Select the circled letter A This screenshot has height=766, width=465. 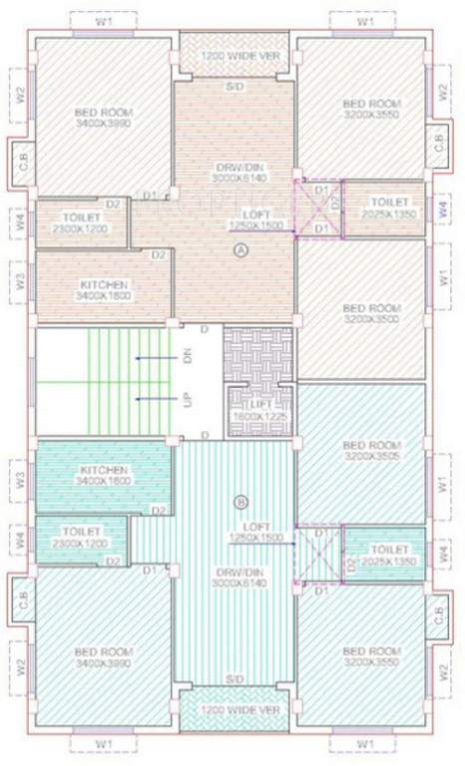(x=238, y=252)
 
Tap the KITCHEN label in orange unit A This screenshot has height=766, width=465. (x=104, y=289)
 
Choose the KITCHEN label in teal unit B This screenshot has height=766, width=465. (x=104, y=475)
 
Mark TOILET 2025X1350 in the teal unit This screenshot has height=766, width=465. (x=388, y=555)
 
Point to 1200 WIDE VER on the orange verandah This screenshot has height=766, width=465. (x=235, y=54)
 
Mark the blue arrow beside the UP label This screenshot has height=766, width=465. (x=155, y=399)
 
